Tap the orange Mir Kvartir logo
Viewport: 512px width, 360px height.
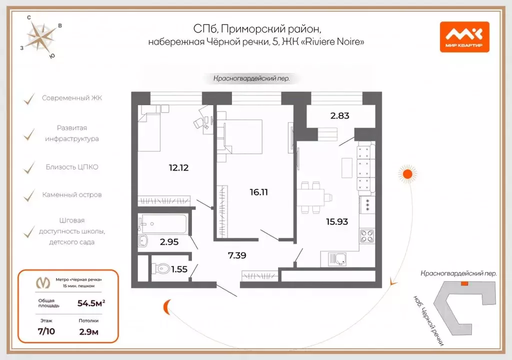click(464, 37)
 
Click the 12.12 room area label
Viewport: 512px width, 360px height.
click(178, 167)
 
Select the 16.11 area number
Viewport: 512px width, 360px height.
click(258, 191)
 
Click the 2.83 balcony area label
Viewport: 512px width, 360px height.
click(339, 115)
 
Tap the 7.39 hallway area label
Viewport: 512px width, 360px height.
click(237, 255)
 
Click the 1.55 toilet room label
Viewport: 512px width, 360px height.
click(179, 269)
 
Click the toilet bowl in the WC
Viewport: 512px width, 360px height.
click(159, 269)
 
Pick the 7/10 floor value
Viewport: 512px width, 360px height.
click(46, 331)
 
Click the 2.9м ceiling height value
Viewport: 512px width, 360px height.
click(88, 331)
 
